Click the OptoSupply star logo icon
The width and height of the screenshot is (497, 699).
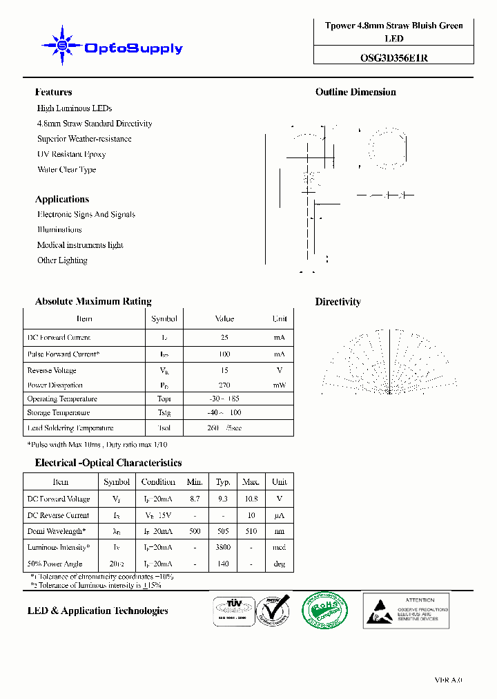click(x=62, y=47)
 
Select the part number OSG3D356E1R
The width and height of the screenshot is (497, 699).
click(x=393, y=58)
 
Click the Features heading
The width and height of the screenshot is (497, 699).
click(x=53, y=92)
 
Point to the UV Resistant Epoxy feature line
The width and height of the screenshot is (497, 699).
click(x=71, y=154)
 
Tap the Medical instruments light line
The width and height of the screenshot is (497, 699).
click(x=80, y=245)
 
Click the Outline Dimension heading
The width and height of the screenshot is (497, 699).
click(x=355, y=92)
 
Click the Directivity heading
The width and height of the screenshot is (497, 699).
click(x=338, y=302)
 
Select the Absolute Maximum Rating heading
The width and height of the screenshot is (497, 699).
click(x=93, y=301)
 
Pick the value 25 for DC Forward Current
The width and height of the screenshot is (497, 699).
click(x=224, y=338)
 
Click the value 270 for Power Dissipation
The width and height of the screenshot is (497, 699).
click(x=224, y=385)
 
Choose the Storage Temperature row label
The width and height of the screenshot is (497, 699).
click(x=59, y=413)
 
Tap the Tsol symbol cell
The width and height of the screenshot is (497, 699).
click(x=164, y=428)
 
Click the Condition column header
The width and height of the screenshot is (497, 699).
click(x=158, y=482)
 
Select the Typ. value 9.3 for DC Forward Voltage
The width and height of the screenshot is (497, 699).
click(x=223, y=499)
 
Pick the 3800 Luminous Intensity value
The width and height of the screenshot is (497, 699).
click(x=223, y=547)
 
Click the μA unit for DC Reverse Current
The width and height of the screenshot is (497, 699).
click(x=279, y=515)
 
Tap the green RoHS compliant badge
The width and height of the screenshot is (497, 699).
click(x=325, y=610)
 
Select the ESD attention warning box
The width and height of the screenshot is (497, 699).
click(x=406, y=610)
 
